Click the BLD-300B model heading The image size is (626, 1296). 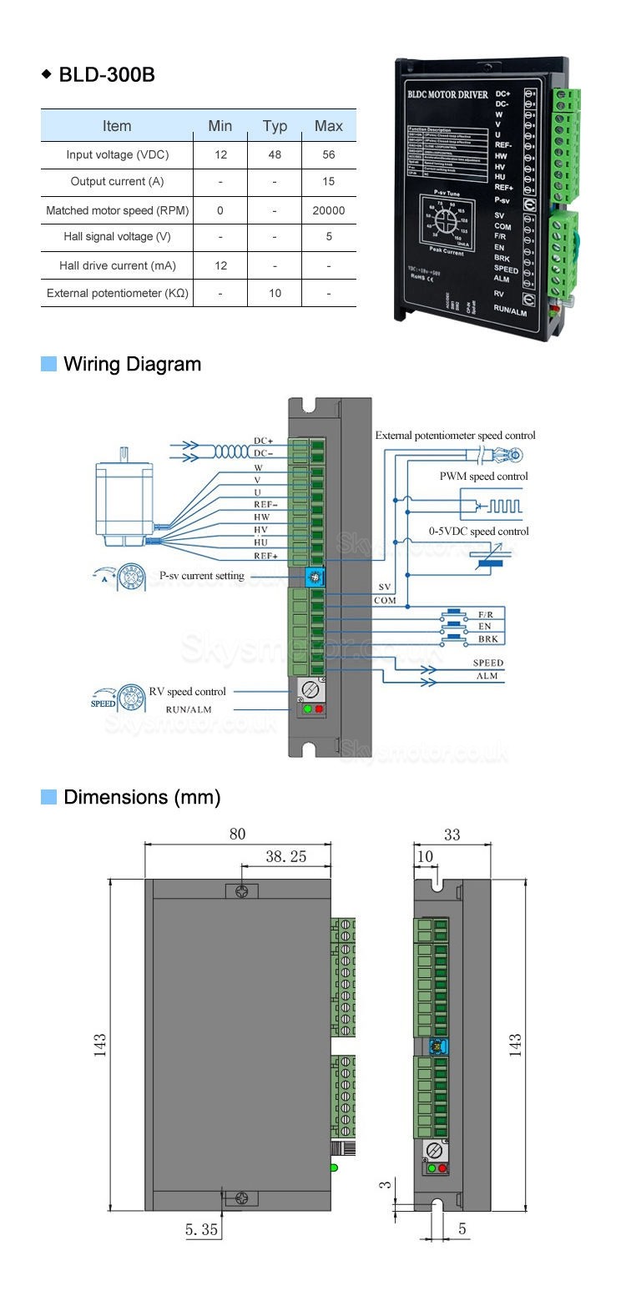106,75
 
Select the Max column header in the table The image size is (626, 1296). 329,126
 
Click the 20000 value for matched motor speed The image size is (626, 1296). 329,210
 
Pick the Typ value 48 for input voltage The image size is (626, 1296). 275,155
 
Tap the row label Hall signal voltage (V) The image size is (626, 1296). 117,237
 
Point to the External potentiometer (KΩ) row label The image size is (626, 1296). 117,293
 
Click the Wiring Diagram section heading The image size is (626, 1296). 132,364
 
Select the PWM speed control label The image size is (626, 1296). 484,477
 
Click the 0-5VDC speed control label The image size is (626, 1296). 479,532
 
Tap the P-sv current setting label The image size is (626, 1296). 202,576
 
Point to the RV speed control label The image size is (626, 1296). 188,692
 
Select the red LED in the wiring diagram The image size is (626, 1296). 319,709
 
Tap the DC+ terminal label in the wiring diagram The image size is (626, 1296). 264,441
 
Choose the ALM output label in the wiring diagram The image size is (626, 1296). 487,676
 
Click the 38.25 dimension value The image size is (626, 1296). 285,857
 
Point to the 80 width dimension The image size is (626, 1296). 238,835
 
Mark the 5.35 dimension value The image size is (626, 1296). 201,1229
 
